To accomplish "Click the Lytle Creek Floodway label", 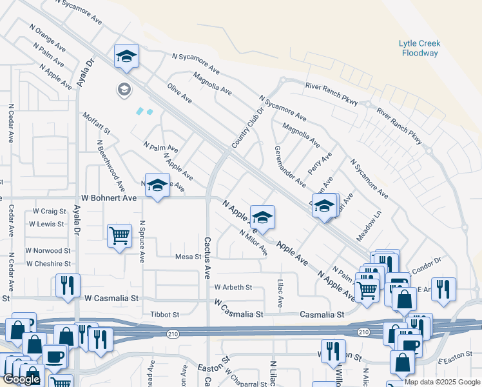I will click(x=419, y=48).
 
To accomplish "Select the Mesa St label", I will click(x=189, y=257).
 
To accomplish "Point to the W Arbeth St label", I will click(x=233, y=287).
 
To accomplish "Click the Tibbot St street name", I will click(x=164, y=314).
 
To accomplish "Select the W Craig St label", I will click(x=49, y=211).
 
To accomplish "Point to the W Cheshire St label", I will click(x=48, y=264).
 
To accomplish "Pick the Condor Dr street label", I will click(x=427, y=261).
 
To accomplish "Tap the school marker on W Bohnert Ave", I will click(x=157, y=186).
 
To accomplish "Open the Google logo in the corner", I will click(x=21, y=379).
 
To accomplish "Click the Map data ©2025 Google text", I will click(x=442, y=382).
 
